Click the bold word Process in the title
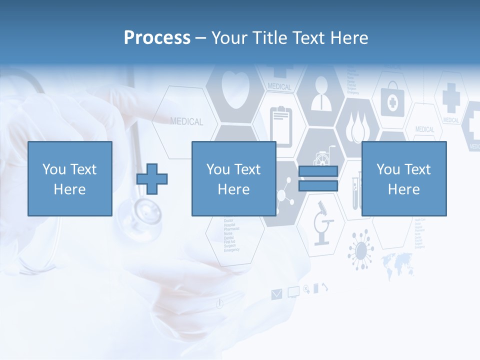click(157, 38)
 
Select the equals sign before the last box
click(318, 179)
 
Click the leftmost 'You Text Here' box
click(70, 179)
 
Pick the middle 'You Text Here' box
click(233, 179)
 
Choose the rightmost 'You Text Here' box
click(403, 179)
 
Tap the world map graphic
click(397, 263)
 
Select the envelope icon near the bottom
click(276, 294)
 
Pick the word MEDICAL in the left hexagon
click(186, 121)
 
